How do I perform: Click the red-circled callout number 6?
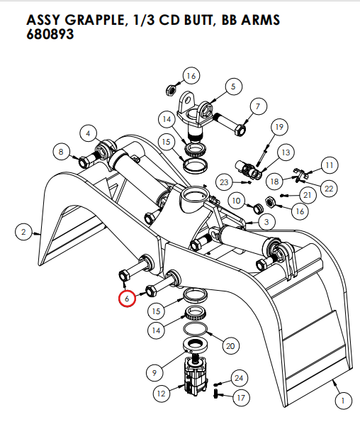pyautogui.click(x=127, y=299)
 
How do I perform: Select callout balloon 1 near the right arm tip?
pyautogui.click(x=342, y=401)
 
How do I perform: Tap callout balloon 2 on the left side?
pyautogui.click(x=23, y=231)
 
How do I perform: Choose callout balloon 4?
pyautogui.click(x=89, y=133)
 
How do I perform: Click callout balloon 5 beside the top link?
pyautogui.click(x=232, y=87)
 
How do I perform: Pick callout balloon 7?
pyautogui.click(x=257, y=107)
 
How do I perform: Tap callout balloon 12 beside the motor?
pyautogui.click(x=161, y=392)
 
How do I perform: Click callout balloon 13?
pyautogui.click(x=286, y=152)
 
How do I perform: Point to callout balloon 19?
pyautogui.click(x=279, y=127)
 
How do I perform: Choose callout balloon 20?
pyautogui.click(x=229, y=345)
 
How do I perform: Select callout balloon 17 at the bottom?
pyautogui.click(x=240, y=398)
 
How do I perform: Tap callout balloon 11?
pyautogui.click(x=329, y=165)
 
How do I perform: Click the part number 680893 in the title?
pyautogui.click(x=51, y=34)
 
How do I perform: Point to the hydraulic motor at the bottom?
pyautogui.click(x=199, y=377)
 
